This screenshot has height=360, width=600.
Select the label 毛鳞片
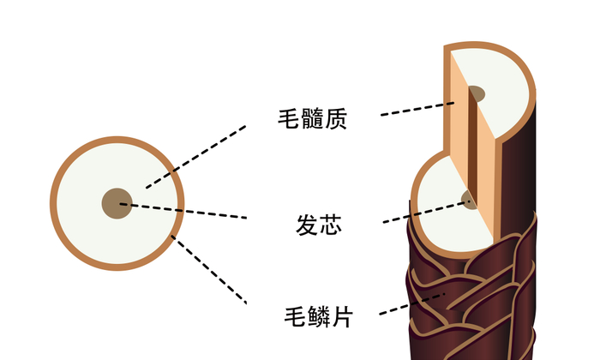(318, 317)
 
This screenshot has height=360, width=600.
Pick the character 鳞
(318, 317)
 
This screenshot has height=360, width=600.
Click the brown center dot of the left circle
(117, 203)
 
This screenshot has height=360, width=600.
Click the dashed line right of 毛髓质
(417, 109)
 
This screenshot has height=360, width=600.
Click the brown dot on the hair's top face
(476, 93)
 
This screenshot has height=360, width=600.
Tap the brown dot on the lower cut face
(469, 200)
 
